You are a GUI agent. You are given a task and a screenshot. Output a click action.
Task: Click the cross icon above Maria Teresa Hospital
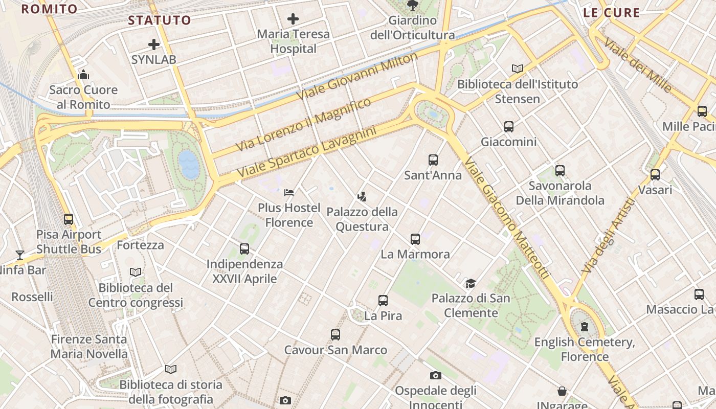[x=293, y=19]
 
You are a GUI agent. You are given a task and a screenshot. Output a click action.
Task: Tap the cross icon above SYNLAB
[x=153, y=44]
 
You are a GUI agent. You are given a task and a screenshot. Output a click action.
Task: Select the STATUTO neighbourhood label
[x=159, y=20]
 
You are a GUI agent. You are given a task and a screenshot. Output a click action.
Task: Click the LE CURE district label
[x=611, y=13]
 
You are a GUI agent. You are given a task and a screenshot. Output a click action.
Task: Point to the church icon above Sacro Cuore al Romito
[x=83, y=75]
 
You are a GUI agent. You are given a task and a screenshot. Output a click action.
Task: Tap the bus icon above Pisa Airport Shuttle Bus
[x=69, y=219]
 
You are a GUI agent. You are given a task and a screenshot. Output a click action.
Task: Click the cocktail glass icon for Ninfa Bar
[x=20, y=255]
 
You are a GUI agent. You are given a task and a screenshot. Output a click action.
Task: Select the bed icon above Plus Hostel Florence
[x=289, y=193]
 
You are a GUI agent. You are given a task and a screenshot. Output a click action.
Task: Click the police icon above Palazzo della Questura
[x=362, y=196]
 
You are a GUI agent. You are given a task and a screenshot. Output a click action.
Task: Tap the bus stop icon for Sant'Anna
[x=433, y=160]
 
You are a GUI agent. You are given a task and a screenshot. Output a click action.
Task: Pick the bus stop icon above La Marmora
[x=415, y=239]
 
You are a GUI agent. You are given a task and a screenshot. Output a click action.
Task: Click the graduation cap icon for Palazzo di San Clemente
[x=470, y=283]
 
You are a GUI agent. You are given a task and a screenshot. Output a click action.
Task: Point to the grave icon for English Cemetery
[x=584, y=327]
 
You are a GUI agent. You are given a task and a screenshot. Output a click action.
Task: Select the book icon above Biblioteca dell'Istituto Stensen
[x=518, y=69]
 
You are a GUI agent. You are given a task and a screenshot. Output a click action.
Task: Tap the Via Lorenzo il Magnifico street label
[x=303, y=125]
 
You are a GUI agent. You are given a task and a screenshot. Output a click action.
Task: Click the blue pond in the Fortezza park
[x=189, y=164]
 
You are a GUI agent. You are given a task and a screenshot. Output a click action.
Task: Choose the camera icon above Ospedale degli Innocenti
[x=435, y=376]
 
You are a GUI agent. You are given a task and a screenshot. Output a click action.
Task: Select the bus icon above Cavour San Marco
[x=335, y=335]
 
